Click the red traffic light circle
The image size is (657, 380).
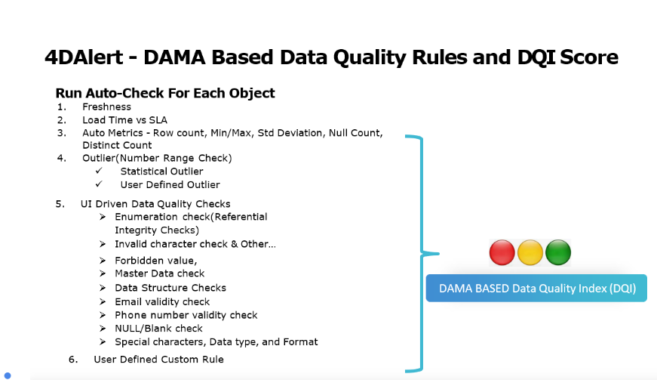coord(502,252)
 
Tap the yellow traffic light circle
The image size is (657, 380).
coord(530,252)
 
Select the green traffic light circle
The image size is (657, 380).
coord(558,252)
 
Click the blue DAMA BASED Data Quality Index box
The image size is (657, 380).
coord(536,288)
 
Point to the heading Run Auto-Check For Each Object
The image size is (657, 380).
coord(165,94)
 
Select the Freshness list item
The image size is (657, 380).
coord(106,107)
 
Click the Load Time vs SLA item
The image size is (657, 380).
coord(124,119)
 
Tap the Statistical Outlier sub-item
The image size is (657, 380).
coord(161,171)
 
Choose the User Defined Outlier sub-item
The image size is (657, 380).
coord(170,184)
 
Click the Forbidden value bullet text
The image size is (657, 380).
coord(150,260)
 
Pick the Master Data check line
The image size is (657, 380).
coord(159,273)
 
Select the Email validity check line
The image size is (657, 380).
coord(162,301)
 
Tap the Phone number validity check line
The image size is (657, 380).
coord(186,315)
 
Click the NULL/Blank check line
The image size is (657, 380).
coord(158,329)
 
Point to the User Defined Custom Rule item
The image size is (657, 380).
coord(158,360)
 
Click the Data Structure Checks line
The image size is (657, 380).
coord(170,288)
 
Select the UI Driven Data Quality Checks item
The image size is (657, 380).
coord(155,204)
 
